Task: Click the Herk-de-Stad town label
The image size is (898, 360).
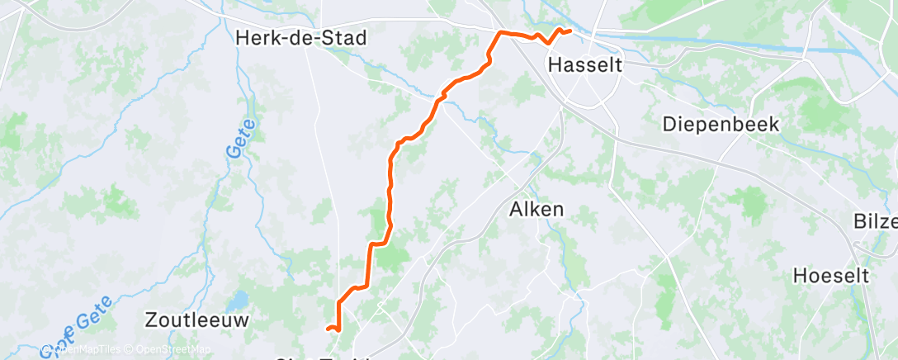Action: [300, 38]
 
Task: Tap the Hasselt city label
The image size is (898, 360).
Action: [584, 64]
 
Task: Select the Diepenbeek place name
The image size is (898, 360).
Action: [721, 124]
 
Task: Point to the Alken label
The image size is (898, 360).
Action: [536, 210]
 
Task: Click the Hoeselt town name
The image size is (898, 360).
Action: [831, 276]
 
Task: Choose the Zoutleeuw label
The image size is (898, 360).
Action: [196, 319]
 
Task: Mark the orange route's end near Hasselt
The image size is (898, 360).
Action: [570, 31]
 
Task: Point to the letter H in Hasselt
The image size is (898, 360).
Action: [555, 64]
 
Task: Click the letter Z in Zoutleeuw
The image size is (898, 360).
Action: [150, 319]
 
